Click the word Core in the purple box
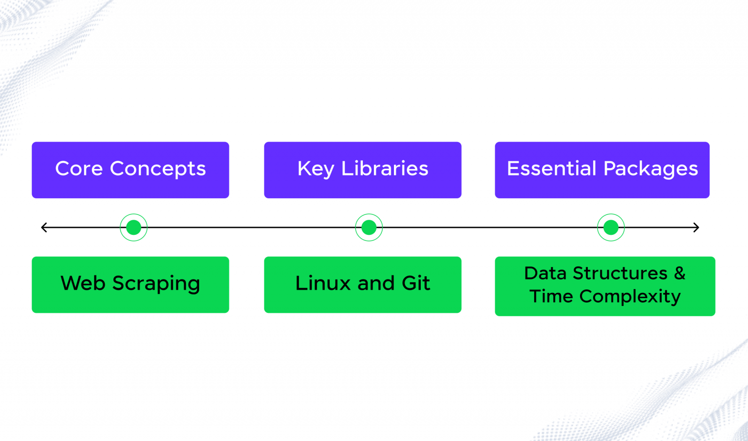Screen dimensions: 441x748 coord(79,169)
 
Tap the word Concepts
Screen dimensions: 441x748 coord(158,169)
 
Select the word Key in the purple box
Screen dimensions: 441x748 coord(316,169)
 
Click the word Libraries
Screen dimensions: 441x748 coord(385,169)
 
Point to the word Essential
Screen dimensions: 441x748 coord(551,169)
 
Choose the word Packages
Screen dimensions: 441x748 coord(651,169)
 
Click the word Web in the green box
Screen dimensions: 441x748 coord(83,283)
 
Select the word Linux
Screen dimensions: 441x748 coord(323,283)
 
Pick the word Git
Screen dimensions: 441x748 coord(416,283)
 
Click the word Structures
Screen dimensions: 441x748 coord(620,273)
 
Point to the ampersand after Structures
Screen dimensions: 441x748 coord(679,273)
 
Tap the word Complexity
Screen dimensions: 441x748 coord(630,297)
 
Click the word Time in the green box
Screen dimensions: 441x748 coord(551,296)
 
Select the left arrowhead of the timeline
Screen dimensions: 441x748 coord(44,228)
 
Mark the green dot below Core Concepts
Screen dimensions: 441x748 coord(133,228)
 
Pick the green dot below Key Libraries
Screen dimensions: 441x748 coord(369,228)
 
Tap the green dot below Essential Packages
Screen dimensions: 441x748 coord(611,228)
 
